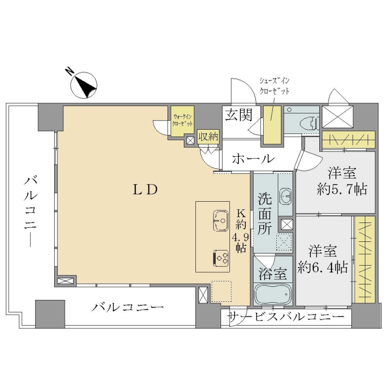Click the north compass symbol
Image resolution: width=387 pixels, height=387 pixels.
tap(83, 85)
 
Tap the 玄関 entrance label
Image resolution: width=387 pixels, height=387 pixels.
tap(239, 115)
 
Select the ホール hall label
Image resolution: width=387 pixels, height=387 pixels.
tap(253, 159)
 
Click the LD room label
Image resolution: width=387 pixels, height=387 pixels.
tap(145, 190)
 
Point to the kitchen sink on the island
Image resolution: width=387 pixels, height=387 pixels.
tap(221, 221)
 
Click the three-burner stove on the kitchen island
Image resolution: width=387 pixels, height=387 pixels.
tap(221, 258)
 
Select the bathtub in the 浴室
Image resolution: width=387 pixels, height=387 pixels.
tap(272, 294)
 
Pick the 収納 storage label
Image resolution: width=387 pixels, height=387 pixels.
tap(208, 136)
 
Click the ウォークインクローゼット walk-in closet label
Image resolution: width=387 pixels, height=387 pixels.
tap(183, 120)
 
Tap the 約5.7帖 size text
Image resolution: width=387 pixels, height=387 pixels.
tap(342, 190)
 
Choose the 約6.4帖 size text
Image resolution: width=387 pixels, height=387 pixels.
tap(323, 268)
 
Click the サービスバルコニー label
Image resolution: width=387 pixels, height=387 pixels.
tap(287, 317)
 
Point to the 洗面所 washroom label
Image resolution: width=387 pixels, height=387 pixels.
tap(264, 213)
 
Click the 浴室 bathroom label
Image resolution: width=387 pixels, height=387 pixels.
tap(272, 273)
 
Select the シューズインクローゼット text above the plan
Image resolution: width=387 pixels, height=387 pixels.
tap(274, 86)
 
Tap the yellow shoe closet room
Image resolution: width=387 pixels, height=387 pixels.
tap(272, 125)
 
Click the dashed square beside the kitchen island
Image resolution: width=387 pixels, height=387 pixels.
tap(222, 291)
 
